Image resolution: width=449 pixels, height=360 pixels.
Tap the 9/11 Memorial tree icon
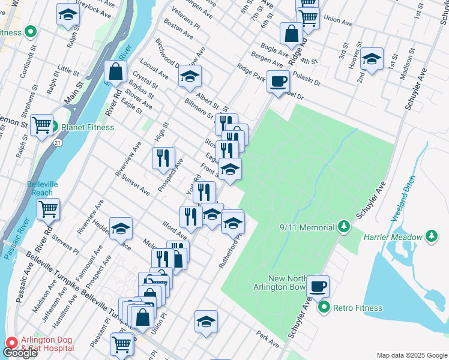click(343, 227)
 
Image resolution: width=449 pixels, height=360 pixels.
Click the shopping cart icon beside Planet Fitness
click(41, 125)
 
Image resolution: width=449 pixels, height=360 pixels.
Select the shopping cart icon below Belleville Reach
click(49, 209)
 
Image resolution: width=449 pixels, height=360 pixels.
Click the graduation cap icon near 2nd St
click(372, 59)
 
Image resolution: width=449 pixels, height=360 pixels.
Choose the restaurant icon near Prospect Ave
click(163, 158)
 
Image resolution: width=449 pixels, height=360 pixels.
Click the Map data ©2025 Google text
click(411, 355)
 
